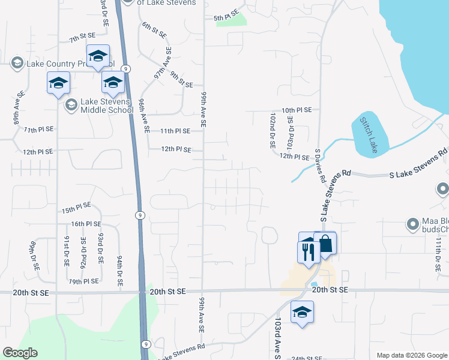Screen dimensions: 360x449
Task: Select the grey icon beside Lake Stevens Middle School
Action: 71,106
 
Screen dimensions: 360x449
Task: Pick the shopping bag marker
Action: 325,244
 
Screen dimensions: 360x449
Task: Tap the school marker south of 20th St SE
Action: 303,313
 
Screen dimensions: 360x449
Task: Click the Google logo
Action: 20,353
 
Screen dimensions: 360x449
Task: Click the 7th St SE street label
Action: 82,38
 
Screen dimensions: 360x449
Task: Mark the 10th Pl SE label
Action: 297,110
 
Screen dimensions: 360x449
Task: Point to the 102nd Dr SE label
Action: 272,130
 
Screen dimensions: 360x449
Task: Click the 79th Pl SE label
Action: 83,281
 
